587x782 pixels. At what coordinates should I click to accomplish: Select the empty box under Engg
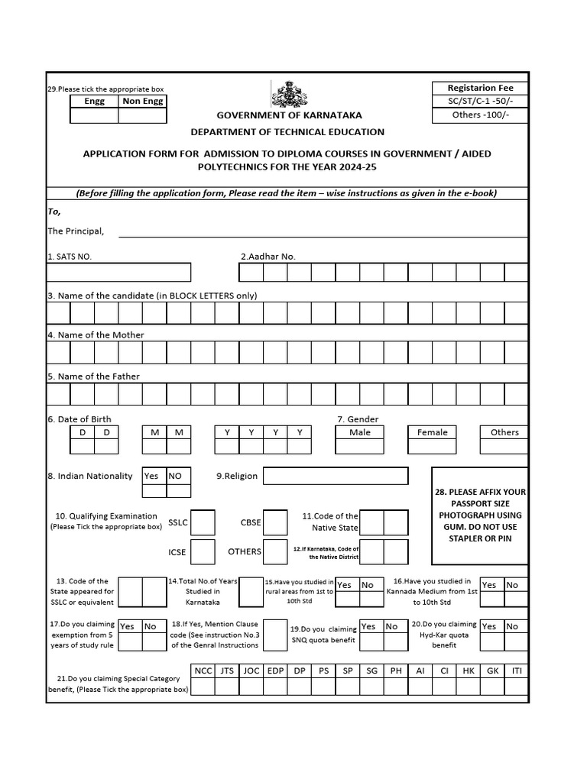pos(94,115)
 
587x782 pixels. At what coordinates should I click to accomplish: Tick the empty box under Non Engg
pos(142,115)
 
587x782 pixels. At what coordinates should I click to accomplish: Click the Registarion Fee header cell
pos(479,88)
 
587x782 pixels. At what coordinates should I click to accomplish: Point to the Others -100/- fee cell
pos(479,115)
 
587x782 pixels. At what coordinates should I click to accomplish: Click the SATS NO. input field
pos(118,273)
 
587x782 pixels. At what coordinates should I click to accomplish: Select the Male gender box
pos(359,432)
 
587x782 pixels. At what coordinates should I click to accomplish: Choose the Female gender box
pos(432,432)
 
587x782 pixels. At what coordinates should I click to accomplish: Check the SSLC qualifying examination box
pos(203,522)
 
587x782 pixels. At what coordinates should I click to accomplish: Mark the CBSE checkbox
pos(275,522)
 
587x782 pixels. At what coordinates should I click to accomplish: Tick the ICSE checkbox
pos(203,551)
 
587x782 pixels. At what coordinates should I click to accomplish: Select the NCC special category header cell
pos(203,671)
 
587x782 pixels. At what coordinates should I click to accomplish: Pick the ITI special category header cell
pos(516,671)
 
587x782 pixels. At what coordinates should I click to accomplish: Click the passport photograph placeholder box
pos(479,516)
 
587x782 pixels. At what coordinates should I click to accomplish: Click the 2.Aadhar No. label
pos(268,257)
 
